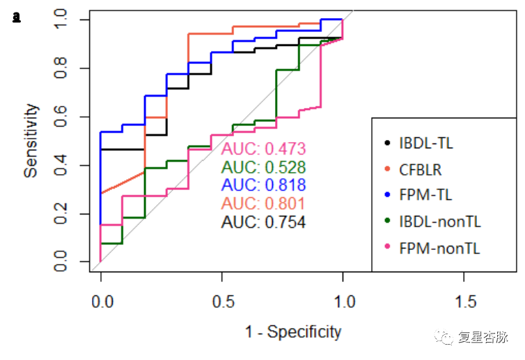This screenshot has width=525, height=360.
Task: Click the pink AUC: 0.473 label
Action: point(263,149)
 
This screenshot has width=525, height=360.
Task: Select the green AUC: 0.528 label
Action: point(263,167)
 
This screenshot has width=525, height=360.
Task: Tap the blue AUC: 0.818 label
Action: point(263,185)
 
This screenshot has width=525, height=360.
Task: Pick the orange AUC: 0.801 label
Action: point(263,203)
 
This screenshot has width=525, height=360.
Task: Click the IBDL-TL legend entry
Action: point(425,143)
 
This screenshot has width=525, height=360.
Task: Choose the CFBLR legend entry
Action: point(420,169)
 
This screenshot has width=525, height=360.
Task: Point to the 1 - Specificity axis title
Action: point(293,332)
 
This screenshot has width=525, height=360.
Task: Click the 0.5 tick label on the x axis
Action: point(222,302)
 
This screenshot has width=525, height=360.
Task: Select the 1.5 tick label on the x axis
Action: point(465,302)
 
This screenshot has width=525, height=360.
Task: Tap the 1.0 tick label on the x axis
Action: point(343,302)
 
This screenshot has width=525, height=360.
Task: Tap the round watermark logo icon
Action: point(444,338)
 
